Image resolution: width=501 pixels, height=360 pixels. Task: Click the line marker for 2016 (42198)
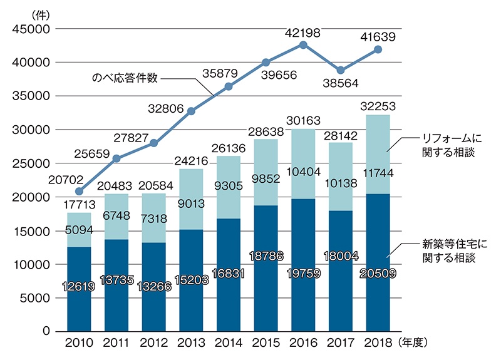coord(304,45)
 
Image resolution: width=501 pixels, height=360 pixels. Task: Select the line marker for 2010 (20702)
coord(79,191)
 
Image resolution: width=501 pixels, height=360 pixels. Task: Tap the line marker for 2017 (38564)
coord(341,70)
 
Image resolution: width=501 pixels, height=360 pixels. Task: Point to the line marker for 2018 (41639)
coord(378,49)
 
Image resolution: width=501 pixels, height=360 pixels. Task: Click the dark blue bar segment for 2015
coord(266,268)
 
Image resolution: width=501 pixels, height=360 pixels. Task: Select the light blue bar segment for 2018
coord(378,154)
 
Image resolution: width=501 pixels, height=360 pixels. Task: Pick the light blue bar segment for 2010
coord(79,230)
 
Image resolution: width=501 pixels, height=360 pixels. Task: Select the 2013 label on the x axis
coord(192,343)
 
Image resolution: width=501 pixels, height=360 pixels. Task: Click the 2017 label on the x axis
coord(341,343)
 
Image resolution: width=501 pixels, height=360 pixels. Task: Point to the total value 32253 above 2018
coord(378,106)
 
